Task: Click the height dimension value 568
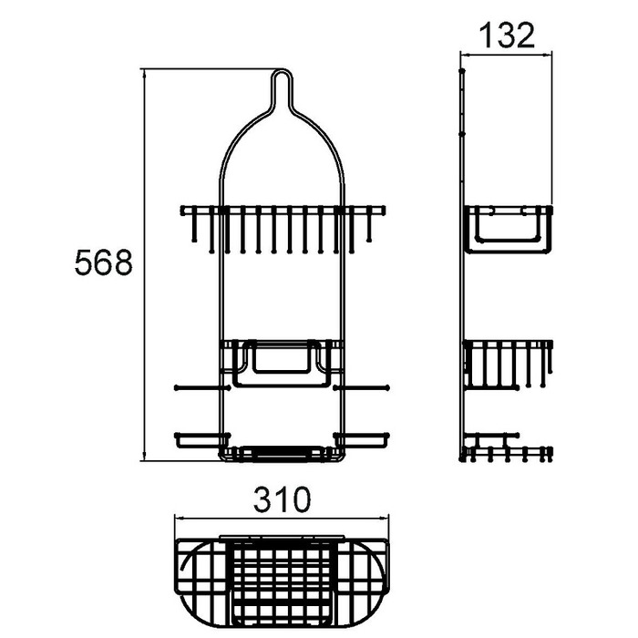click(x=104, y=263)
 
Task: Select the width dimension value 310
click(x=282, y=499)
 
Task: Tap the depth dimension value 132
click(x=507, y=36)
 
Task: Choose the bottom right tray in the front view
click(x=362, y=440)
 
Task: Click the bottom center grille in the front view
click(x=282, y=452)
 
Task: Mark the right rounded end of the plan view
click(x=372, y=571)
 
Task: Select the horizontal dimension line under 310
click(x=282, y=518)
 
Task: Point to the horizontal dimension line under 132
click(x=507, y=56)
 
